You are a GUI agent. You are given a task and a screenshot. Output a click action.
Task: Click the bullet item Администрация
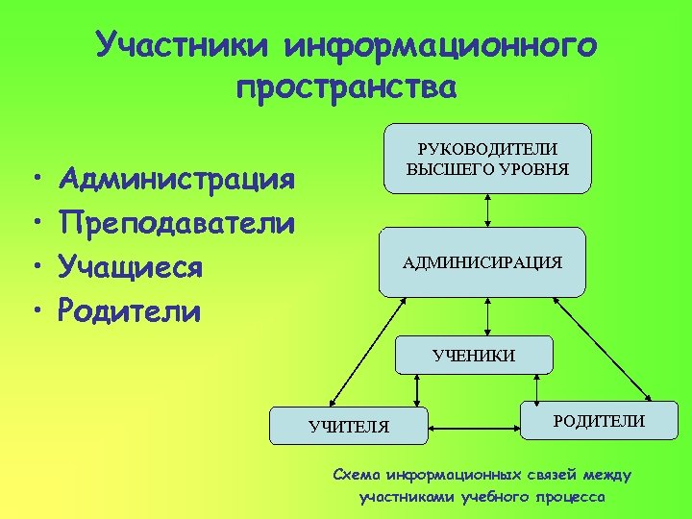(176, 179)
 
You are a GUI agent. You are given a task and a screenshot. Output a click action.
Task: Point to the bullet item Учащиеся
(130, 266)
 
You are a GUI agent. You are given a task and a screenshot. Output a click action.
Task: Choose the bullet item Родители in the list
(130, 309)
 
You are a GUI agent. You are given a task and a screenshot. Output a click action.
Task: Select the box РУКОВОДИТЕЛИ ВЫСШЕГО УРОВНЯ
(488, 158)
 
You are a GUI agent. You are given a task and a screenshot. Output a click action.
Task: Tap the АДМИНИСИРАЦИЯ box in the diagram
(482, 261)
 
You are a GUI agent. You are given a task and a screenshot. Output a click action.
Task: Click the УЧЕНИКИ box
(474, 355)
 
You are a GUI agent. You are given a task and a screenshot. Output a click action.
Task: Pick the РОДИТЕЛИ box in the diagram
(598, 420)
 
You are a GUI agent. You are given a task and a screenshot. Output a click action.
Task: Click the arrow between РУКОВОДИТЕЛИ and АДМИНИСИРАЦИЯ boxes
(489, 209)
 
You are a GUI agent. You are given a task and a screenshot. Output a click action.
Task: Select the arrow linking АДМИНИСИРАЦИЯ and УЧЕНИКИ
(489, 315)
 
